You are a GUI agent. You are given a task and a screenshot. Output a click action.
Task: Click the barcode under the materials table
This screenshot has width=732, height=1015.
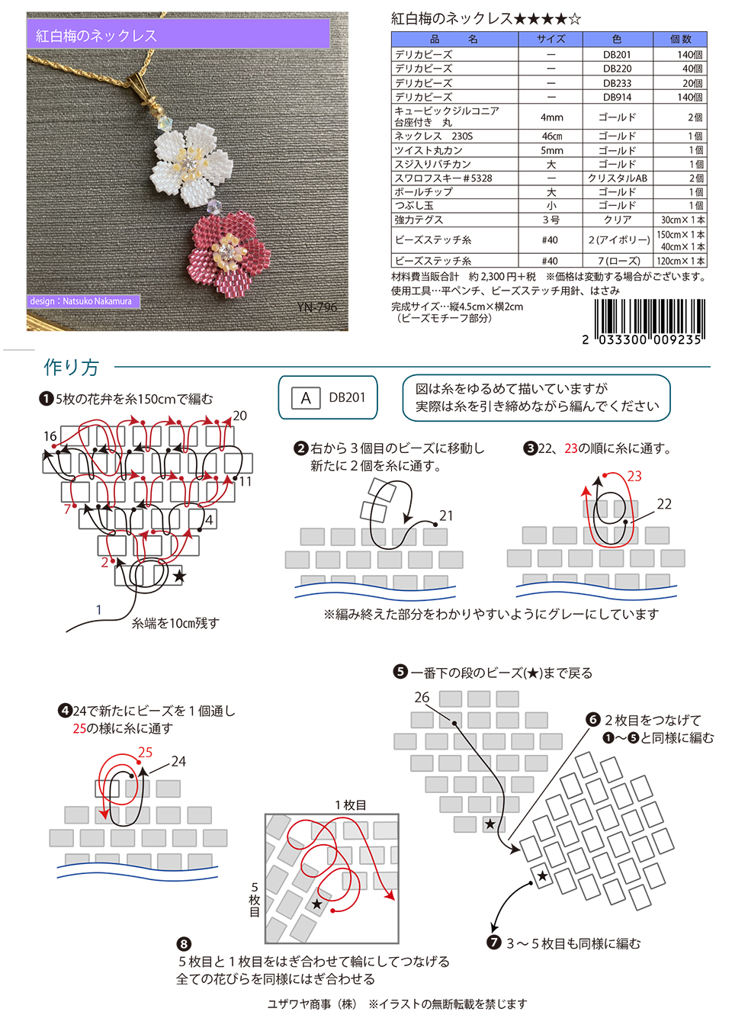click(649, 319)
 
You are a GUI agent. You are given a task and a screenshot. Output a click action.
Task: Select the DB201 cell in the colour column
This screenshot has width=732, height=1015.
click(616, 55)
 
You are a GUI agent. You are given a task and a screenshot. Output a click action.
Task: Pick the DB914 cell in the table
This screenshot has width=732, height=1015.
click(616, 97)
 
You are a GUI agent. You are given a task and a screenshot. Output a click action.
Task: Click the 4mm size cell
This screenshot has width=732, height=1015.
click(551, 117)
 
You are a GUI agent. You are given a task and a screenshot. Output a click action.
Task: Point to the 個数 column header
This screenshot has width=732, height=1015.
click(680, 39)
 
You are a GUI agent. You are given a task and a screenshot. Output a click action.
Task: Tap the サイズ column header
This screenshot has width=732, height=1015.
click(551, 39)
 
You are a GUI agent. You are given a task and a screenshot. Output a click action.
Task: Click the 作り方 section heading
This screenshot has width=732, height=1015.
click(72, 368)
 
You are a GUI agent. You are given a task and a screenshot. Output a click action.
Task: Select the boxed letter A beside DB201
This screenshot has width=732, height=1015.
click(306, 397)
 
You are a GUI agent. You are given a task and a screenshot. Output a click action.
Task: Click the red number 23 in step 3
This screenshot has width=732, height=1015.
click(634, 477)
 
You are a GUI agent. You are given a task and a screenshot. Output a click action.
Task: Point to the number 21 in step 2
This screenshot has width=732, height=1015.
click(446, 516)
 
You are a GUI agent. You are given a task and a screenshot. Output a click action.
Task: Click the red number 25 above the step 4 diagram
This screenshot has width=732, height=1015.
click(145, 753)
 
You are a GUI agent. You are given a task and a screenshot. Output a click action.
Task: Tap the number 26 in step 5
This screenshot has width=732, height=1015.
click(422, 697)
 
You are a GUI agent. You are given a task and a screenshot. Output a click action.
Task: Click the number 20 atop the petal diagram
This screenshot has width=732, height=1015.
click(239, 416)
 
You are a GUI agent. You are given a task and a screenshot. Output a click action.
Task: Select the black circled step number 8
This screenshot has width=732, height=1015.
click(184, 944)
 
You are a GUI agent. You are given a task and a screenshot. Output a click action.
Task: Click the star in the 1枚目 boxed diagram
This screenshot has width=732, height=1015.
click(317, 904)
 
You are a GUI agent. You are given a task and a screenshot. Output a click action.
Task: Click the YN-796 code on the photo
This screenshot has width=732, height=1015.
click(317, 307)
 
